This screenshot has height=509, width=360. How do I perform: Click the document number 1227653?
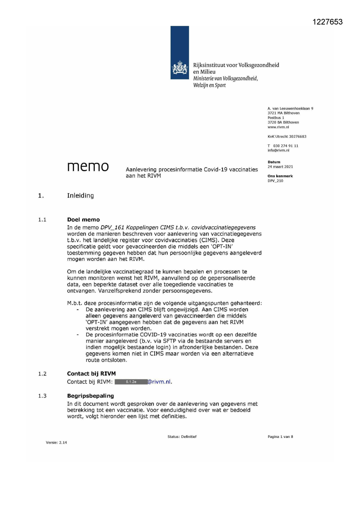[328, 22]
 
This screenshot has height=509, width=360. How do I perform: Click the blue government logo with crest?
[180, 53]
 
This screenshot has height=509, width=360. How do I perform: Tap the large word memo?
[88, 167]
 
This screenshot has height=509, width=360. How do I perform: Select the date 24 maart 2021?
[280, 167]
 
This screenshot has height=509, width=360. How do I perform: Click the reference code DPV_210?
[275, 181]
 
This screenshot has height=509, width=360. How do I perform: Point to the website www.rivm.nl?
[278, 127]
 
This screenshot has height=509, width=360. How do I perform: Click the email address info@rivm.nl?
[278, 150]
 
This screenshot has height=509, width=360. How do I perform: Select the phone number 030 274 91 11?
[285, 146]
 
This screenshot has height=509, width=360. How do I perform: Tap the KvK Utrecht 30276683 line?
[287, 136]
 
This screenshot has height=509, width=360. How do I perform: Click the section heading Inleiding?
[80, 196]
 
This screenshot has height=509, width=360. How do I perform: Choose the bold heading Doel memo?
[83, 220]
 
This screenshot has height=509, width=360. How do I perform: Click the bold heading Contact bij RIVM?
[91, 373]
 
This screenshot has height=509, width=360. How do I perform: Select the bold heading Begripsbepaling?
[90, 396]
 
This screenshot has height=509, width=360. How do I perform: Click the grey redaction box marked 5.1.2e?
[131, 382]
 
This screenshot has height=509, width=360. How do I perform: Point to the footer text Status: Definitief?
[182, 437]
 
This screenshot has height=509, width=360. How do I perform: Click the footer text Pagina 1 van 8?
[280, 437]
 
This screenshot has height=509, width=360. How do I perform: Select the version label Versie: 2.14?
[56, 443]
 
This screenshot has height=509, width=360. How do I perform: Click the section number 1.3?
[42, 396]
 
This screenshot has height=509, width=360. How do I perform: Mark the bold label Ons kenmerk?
[280, 176]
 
